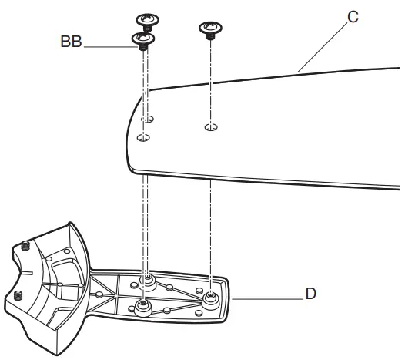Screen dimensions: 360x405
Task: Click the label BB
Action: (71, 42)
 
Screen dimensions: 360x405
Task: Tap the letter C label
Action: (352, 16)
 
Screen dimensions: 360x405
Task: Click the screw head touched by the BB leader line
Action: (142, 39)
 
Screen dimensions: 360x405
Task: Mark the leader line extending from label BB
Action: (108, 47)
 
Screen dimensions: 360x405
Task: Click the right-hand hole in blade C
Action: (210, 126)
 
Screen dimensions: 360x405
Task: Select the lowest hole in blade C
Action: (143, 137)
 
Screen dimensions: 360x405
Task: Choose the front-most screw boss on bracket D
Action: (142, 308)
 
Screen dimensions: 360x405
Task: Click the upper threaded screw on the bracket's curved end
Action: (25, 246)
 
